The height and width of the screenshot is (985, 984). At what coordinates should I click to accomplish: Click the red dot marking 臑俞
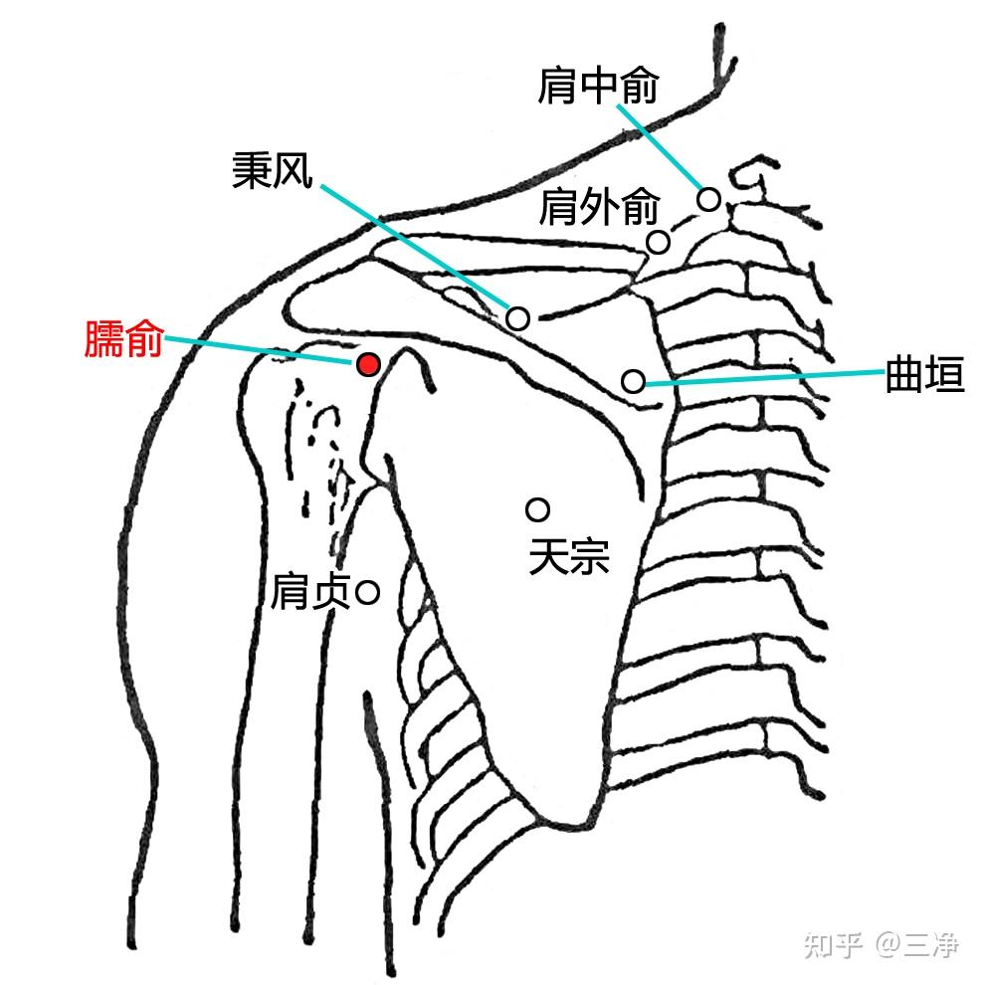coord(368,365)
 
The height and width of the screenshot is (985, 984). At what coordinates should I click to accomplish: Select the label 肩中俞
coord(598,87)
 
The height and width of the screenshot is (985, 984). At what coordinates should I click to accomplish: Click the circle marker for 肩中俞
coord(708,199)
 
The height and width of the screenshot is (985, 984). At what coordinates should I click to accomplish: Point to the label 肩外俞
coord(599,209)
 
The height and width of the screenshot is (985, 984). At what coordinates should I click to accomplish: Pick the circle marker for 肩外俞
coord(658,242)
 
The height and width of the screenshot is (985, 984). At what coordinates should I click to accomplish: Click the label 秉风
coord(273,172)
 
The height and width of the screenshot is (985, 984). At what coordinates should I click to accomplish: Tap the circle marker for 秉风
coord(517,318)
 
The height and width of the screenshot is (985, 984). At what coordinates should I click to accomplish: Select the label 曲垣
coord(924,378)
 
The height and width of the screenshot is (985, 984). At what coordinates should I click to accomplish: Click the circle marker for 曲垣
coord(633,380)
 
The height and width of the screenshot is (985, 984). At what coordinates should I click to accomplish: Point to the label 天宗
coord(568,557)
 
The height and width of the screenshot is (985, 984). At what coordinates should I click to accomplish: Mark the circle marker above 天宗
coord(537,510)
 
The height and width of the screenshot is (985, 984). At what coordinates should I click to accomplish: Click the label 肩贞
coord(310,594)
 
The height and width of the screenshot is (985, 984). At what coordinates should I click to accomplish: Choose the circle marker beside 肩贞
coord(367,594)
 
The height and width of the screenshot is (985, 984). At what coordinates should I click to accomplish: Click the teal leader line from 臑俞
coord(259,349)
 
